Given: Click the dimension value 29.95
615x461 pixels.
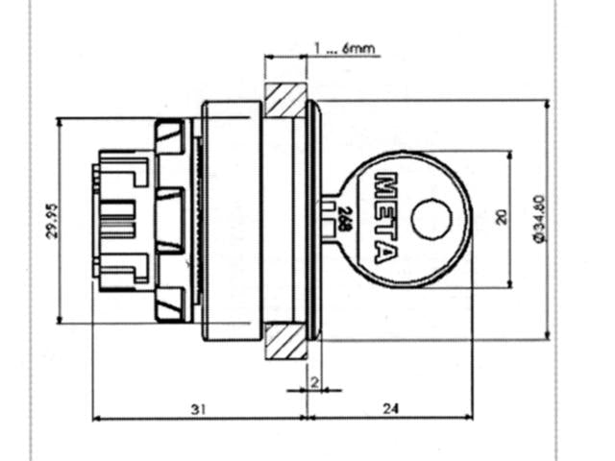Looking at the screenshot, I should pyautogui.click(x=53, y=220).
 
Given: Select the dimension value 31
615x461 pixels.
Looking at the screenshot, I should pyautogui.click(x=198, y=409).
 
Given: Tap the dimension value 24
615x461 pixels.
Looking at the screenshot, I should pyautogui.click(x=390, y=409).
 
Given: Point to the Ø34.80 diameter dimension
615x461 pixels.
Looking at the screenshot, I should pyautogui.click(x=539, y=220).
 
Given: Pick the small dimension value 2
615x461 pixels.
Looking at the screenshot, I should pyautogui.click(x=314, y=381).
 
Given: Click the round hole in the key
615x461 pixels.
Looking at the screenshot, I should pyautogui.click(x=430, y=219).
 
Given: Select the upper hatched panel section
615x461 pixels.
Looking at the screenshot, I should pyautogui.click(x=285, y=100).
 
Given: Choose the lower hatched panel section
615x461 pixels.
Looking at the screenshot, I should pyautogui.click(x=285, y=339).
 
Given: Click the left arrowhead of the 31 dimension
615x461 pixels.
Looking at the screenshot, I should pyautogui.click(x=96, y=418).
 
